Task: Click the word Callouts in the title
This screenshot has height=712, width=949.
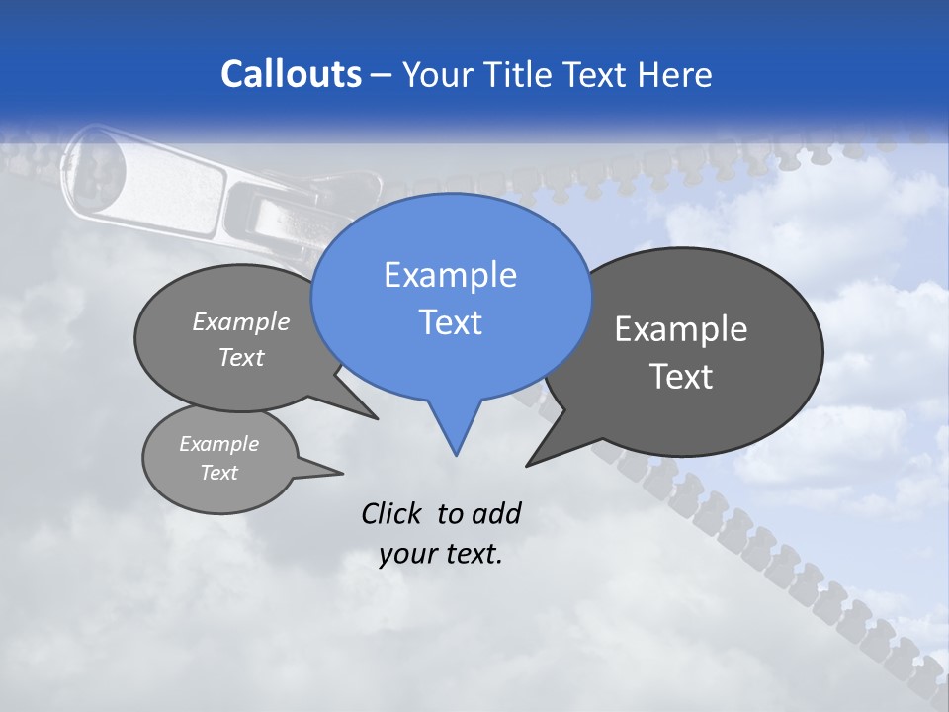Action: click(291, 74)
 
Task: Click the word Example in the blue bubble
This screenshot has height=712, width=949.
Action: click(451, 275)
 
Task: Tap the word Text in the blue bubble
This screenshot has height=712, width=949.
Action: click(451, 322)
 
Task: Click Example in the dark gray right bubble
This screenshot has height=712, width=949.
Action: click(681, 329)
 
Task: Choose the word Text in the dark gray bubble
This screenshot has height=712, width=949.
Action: click(681, 377)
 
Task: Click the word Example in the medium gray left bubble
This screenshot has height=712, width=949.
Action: click(241, 321)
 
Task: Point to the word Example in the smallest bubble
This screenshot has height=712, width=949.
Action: click(219, 444)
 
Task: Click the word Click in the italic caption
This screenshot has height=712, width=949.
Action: click(391, 513)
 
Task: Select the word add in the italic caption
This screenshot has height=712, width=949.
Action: click(495, 513)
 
